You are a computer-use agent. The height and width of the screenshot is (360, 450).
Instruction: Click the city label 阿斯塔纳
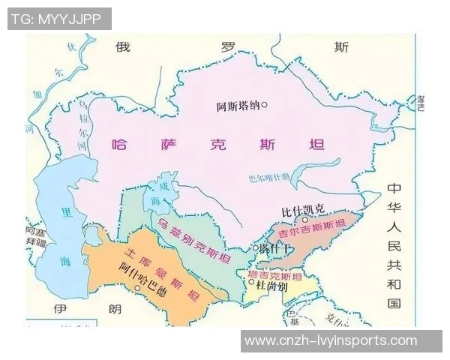click(x=236, y=106)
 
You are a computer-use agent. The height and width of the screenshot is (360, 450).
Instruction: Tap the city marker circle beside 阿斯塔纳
click(x=263, y=106)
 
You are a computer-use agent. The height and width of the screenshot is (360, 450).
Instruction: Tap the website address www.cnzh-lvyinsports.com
click(x=331, y=340)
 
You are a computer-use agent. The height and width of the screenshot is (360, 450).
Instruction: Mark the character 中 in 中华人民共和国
click(x=394, y=189)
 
